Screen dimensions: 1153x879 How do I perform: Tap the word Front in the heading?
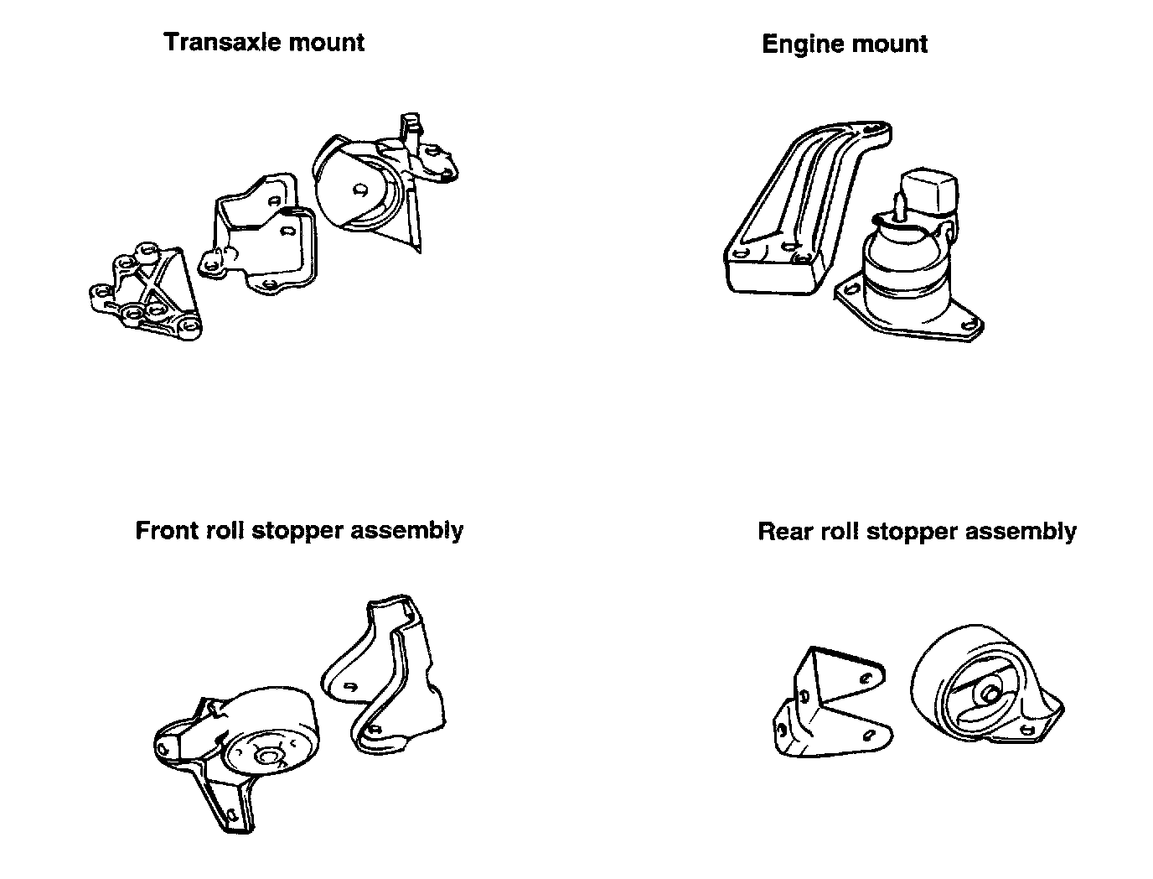coord(166,530)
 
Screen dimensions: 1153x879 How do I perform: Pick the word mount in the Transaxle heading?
coord(323,42)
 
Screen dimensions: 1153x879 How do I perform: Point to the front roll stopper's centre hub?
coord(268,757)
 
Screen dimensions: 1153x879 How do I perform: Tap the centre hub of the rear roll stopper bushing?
coord(989,694)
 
